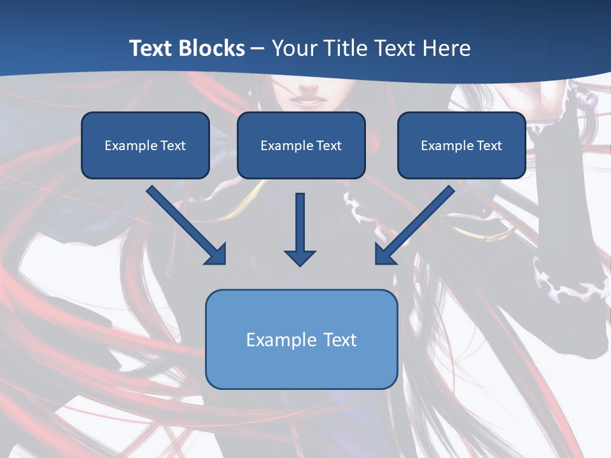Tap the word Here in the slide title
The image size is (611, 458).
[x=449, y=48]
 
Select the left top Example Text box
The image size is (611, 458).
[x=145, y=145]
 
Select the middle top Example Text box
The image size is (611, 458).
[x=301, y=145]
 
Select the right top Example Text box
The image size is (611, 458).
[x=461, y=145]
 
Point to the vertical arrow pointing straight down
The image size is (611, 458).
[x=300, y=223]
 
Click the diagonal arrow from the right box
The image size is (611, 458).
[x=420, y=219]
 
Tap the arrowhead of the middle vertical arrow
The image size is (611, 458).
[x=300, y=258]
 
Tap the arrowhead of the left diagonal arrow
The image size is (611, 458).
[x=216, y=254]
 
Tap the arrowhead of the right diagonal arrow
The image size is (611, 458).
[x=384, y=254]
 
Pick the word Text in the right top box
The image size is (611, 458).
[x=489, y=145]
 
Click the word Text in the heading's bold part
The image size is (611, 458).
[x=151, y=48]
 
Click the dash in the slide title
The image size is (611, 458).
[x=258, y=49]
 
